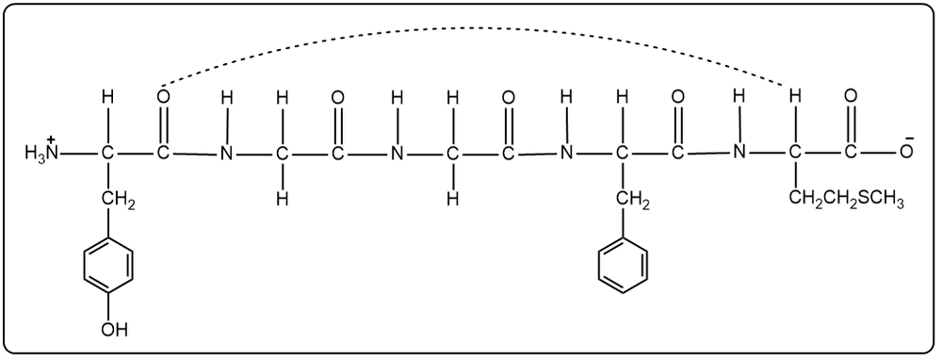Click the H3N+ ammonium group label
click(x=41, y=152)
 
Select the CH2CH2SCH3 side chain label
click(x=844, y=200)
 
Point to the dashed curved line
click(x=471, y=29)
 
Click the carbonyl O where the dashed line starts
click(x=164, y=96)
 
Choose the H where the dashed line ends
click(x=794, y=96)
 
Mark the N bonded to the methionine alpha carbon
click(x=739, y=153)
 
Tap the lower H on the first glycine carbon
click(x=282, y=199)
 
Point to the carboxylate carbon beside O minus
click(x=852, y=153)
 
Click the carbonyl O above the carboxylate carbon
click(x=852, y=96)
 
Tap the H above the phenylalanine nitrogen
click(x=566, y=96)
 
